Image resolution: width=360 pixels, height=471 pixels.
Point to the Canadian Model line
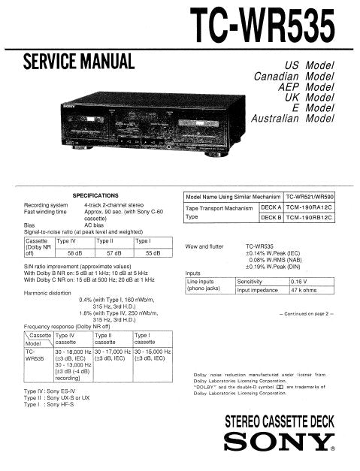pos(293,77)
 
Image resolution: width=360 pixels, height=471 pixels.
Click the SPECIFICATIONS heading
pos(95,195)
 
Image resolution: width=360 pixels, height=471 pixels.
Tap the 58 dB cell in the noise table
pos(74,254)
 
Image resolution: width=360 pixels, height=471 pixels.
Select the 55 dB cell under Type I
pos(153,254)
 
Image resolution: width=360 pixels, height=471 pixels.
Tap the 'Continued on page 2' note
pos(305,314)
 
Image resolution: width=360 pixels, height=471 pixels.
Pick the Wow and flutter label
pos(204,246)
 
